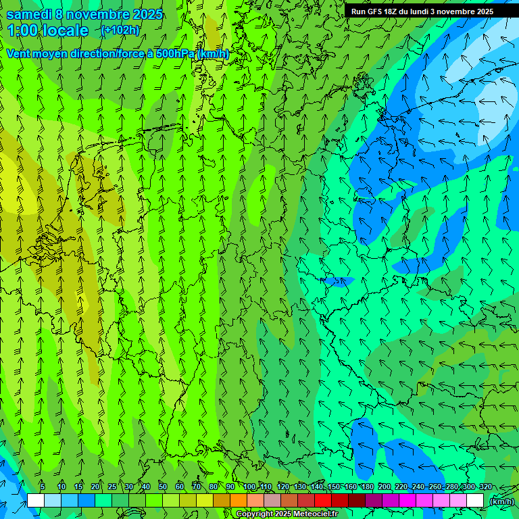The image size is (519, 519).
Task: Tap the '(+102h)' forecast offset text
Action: point(120,30)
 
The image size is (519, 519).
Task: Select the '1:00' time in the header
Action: point(24,30)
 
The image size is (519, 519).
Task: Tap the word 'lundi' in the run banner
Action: point(419,11)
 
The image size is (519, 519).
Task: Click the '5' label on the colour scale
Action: point(43,487)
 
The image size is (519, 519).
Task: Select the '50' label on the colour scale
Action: point(163,487)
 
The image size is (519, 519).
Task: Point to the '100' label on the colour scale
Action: point(250,487)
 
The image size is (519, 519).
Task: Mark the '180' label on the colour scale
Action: point(368,487)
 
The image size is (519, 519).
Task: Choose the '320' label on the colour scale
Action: point(485,487)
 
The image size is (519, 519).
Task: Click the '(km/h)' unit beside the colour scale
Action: point(501,501)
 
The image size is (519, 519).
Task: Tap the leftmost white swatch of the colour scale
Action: point(36,500)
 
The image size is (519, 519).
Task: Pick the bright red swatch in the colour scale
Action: point(323,500)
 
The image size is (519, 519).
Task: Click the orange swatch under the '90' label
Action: point(239,500)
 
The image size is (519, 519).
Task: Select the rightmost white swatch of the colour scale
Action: point(475,500)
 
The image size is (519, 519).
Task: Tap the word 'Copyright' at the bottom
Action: point(255,514)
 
